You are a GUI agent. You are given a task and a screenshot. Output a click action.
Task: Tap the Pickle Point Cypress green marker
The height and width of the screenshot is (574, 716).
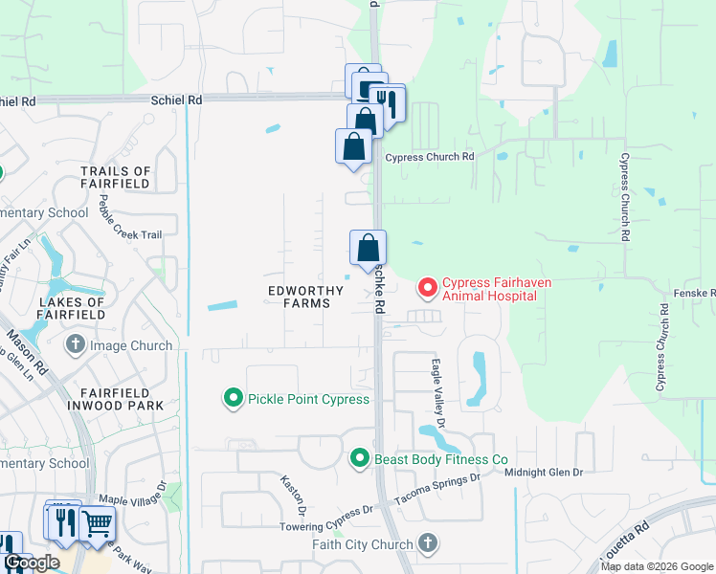pos(232,398)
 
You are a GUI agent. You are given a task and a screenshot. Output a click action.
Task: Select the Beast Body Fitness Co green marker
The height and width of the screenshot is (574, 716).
pos(359,459)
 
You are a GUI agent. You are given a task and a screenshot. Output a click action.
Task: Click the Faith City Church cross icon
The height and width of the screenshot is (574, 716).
pos(427,544)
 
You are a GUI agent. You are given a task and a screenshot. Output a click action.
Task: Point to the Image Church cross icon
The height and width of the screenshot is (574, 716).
pos(75,344)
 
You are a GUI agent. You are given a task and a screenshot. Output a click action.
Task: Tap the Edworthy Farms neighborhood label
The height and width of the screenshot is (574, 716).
pos(300,295)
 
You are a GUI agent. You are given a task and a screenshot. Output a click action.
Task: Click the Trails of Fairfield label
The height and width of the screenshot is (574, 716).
pos(116,177)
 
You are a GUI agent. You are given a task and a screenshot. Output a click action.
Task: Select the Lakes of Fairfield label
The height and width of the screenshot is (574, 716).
pos(72,308)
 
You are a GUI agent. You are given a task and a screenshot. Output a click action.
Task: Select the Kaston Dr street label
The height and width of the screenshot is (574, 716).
pos(293,489)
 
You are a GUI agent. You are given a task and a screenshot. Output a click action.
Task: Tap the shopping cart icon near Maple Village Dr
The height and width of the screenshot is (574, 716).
pos(97,524)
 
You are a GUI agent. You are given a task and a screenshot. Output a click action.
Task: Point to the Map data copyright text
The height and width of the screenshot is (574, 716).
pos(656,566)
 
